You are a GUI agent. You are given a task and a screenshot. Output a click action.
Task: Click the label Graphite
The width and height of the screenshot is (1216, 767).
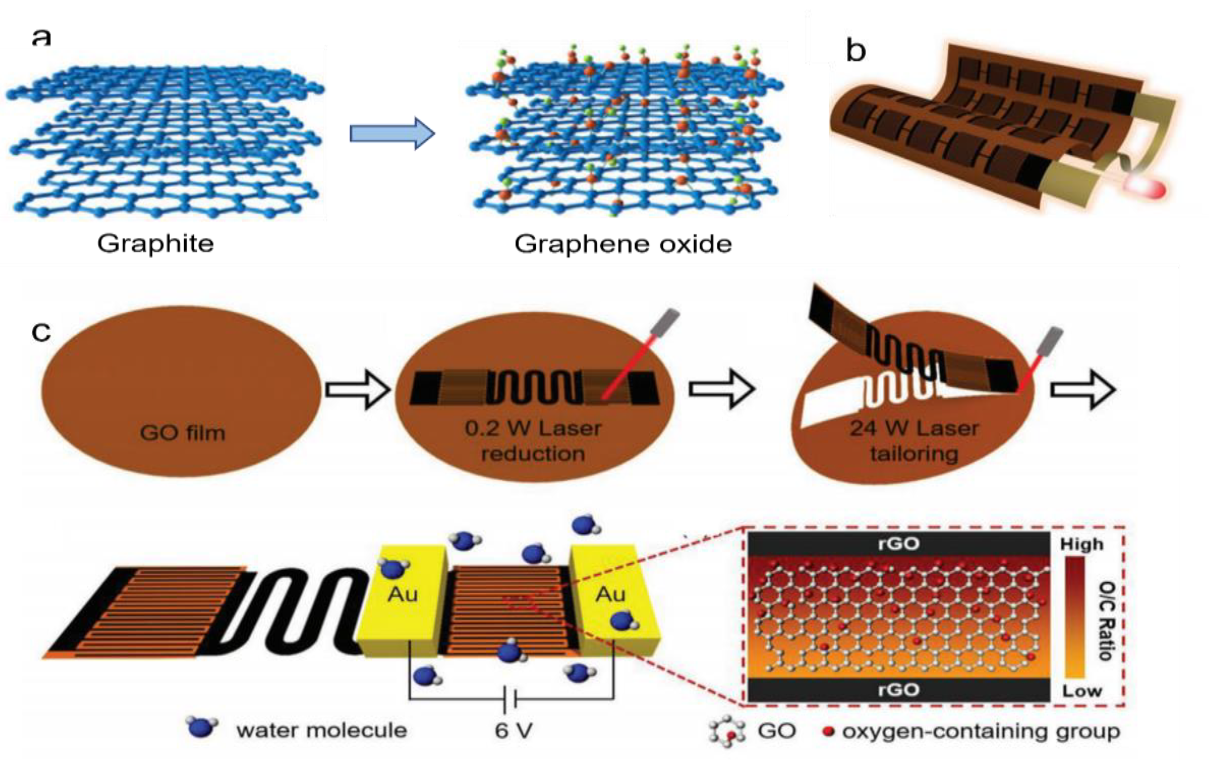pyautogui.click(x=156, y=244)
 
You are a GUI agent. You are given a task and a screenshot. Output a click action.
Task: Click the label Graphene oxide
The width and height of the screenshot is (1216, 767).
pyautogui.click(x=623, y=244)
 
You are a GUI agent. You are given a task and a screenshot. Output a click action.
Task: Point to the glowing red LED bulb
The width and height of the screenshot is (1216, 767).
pyautogui.click(x=1145, y=188)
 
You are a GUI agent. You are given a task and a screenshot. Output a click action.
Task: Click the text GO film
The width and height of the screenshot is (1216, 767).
pyautogui.click(x=182, y=433)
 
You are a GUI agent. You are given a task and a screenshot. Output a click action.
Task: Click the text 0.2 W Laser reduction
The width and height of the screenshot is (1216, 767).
pyautogui.click(x=533, y=441)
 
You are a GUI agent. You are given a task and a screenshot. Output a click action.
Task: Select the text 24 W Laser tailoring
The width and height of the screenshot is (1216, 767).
pyautogui.click(x=914, y=441)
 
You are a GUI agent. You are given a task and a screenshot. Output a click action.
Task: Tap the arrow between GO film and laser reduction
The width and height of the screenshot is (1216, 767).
pyautogui.click(x=358, y=389)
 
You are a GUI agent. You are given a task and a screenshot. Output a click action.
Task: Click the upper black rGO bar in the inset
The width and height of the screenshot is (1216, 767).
pyautogui.click(x=898, y=544)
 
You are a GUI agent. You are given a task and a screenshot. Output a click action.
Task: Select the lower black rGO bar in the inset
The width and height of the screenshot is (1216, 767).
pyautogui.click(x=898, y=689)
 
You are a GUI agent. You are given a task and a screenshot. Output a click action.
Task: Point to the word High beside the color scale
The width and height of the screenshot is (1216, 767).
pyautogui.click(x=1081, y=544)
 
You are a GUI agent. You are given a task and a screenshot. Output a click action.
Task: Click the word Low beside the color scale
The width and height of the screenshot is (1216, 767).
pyautogui.click(x=1081, y=691)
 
